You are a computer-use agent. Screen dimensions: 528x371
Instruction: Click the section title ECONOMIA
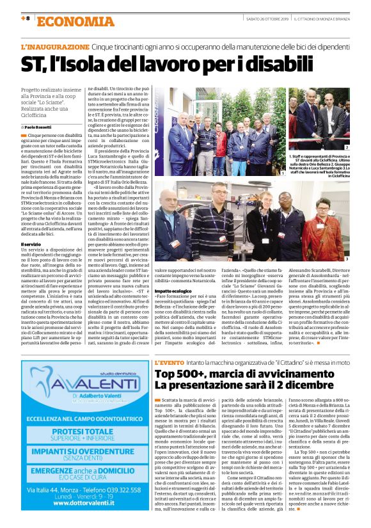click(67, 21)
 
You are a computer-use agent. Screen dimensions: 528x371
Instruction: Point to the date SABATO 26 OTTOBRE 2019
click(262, 19)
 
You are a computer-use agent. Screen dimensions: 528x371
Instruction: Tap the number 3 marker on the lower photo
click(346, 260)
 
